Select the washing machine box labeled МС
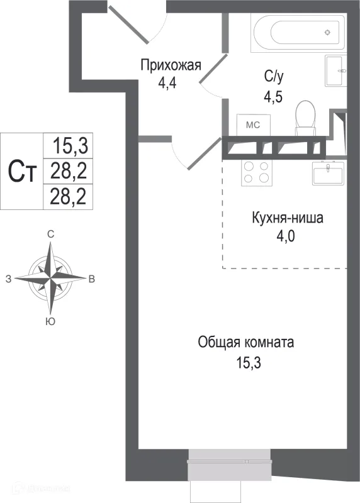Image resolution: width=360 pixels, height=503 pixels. tap(252, 124)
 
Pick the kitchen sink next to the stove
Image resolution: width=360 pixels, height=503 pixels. tap(328, 172)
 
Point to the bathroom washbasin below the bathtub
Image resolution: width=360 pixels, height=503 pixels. tap(335, 71)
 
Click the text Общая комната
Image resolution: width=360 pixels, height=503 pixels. tap(246, 343)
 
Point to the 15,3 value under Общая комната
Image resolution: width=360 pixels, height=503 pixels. tap(246, 363)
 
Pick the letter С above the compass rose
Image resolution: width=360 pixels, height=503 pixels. tap(50, 234)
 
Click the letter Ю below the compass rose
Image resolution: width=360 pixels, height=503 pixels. tap(49, 321)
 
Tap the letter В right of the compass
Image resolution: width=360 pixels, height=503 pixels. tap(92, 279)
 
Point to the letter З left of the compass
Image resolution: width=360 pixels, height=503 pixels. tap(8, 279)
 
